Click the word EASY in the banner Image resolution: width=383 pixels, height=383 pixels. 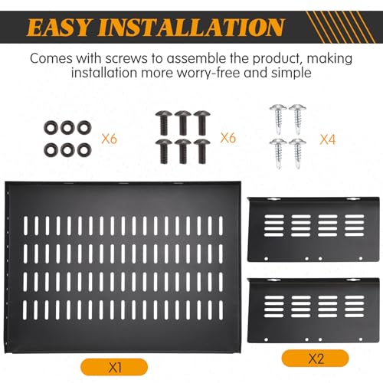pos(58,27)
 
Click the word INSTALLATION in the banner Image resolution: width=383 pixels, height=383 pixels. pos(191,27)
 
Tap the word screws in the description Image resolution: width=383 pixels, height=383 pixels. pos(126,58)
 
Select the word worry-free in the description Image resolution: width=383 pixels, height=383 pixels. pos(208,73)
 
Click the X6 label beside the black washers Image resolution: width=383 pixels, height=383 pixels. pos(109,139)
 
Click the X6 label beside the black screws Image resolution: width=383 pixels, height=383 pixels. pos(228,138)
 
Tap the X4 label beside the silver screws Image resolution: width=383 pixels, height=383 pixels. pos(328,139)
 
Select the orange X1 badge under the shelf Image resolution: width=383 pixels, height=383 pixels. pos(114,368)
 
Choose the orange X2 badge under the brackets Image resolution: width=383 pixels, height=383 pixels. pos(316,358)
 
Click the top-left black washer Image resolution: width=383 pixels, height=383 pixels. pos(51,127)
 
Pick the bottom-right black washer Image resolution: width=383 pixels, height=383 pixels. pos(84,150)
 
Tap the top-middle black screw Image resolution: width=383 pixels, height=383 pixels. pos(182,123)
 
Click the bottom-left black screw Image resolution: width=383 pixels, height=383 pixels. pos(163,151)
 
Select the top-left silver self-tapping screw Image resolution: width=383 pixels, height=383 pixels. pos(278,119)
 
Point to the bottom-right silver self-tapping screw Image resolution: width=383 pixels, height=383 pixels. pos(298,153)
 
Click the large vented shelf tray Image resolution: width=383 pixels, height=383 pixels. pos(123,267)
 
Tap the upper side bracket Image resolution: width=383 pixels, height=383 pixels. pos(313,229)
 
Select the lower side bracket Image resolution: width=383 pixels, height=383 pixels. pos(313,310)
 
